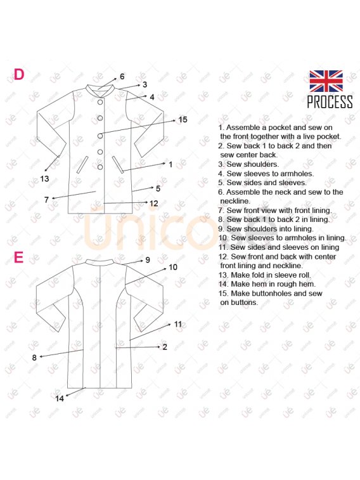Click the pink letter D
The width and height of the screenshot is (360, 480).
click(x=18, y=74)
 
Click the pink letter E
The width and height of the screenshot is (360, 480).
click(x=18, y=257)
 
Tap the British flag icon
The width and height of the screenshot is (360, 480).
click(x=326, y=81)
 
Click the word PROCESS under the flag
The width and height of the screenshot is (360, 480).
click(x=330, y=101)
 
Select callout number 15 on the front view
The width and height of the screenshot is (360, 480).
click(x=183, y=120)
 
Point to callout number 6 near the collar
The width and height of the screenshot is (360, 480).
click(x=122, y=77)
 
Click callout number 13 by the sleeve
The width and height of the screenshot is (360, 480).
click(x=44, y=179)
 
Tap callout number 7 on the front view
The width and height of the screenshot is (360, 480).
click(x=46, y=200)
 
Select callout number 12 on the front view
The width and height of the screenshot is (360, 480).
click(x=153, y=204)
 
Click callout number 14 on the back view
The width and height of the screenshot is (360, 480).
click(x=60, y=398)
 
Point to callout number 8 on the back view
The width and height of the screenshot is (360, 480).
click(x=34, y=358)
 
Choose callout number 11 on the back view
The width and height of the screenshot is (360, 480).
click(x=178, y=324)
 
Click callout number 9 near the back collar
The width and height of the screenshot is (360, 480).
click(x=148, y=260)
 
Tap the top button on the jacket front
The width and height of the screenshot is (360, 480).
click(x=100, y=102)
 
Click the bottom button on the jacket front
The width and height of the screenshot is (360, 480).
click(x=100, y=167)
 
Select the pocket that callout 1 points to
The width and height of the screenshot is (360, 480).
click(x=118, y=165)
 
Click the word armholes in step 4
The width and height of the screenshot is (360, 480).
click(x=298, y=174)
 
